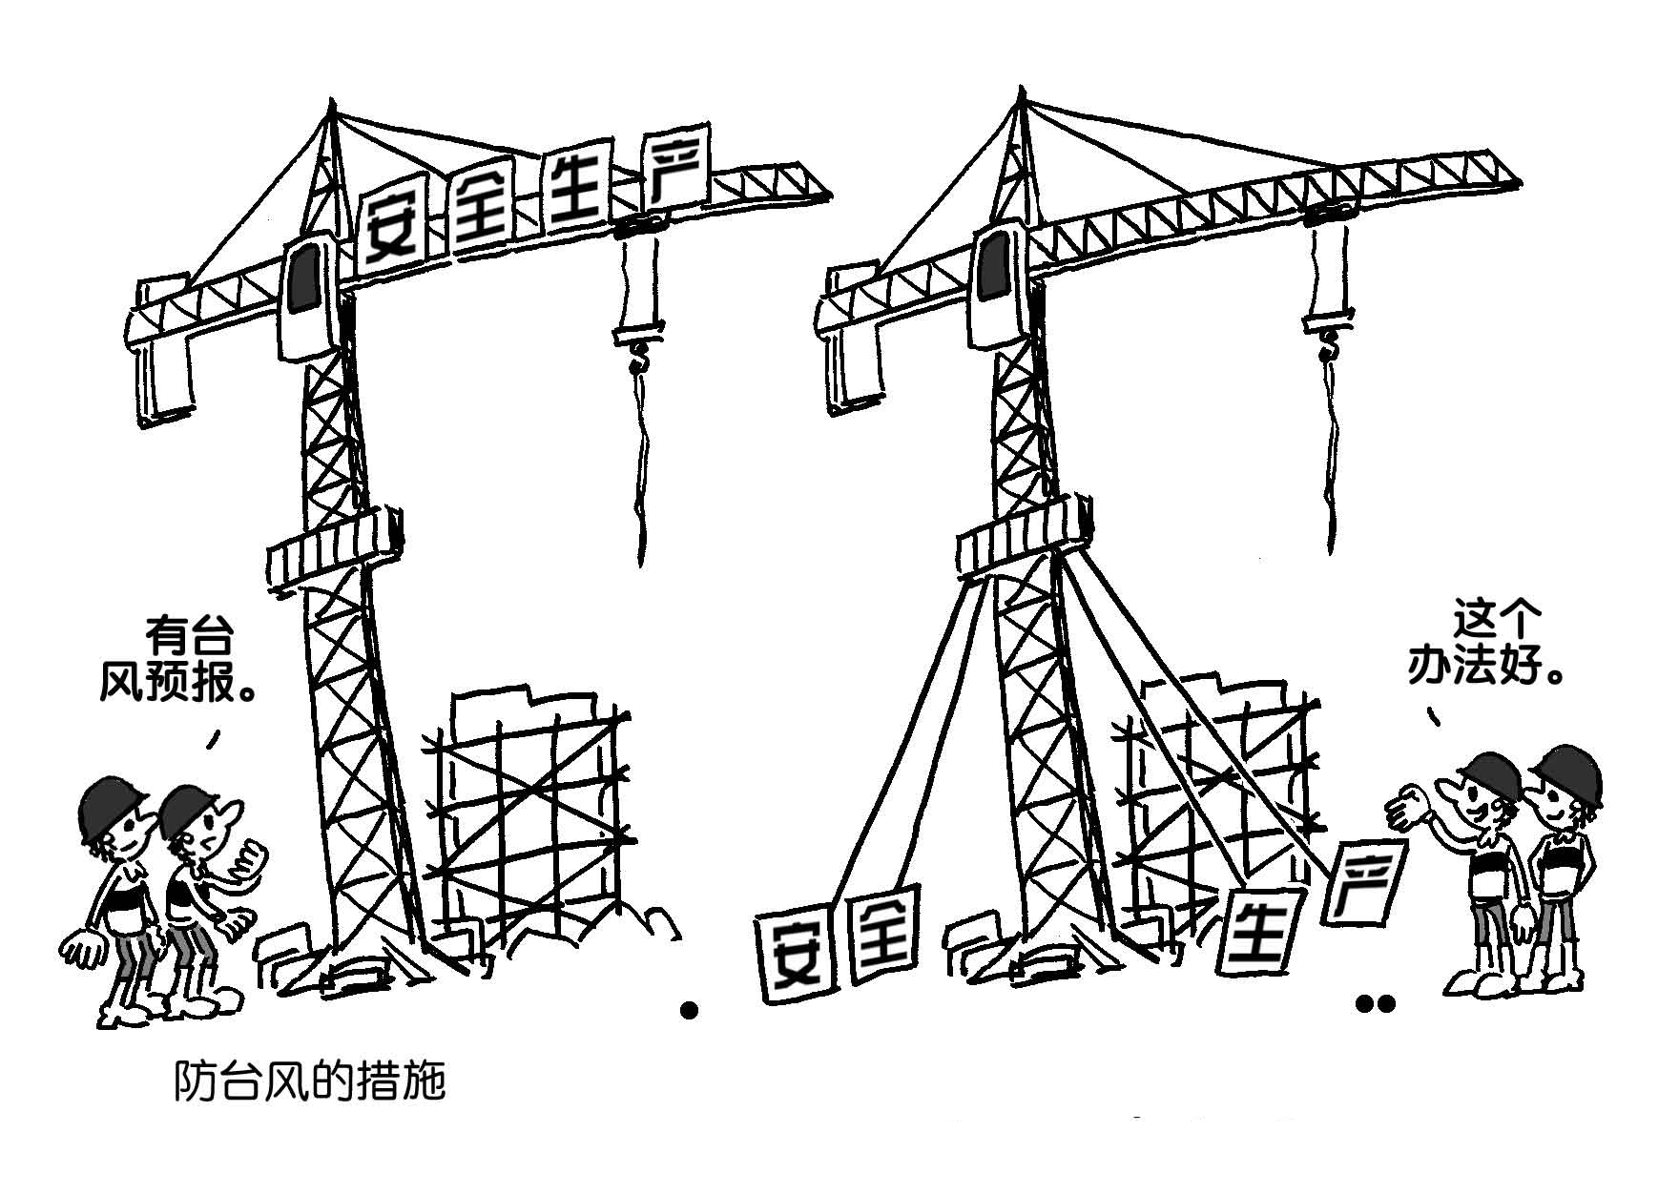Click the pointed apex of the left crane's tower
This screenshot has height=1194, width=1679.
331,99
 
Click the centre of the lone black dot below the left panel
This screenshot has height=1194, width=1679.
689,1010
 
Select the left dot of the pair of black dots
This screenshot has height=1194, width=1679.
1365,1003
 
